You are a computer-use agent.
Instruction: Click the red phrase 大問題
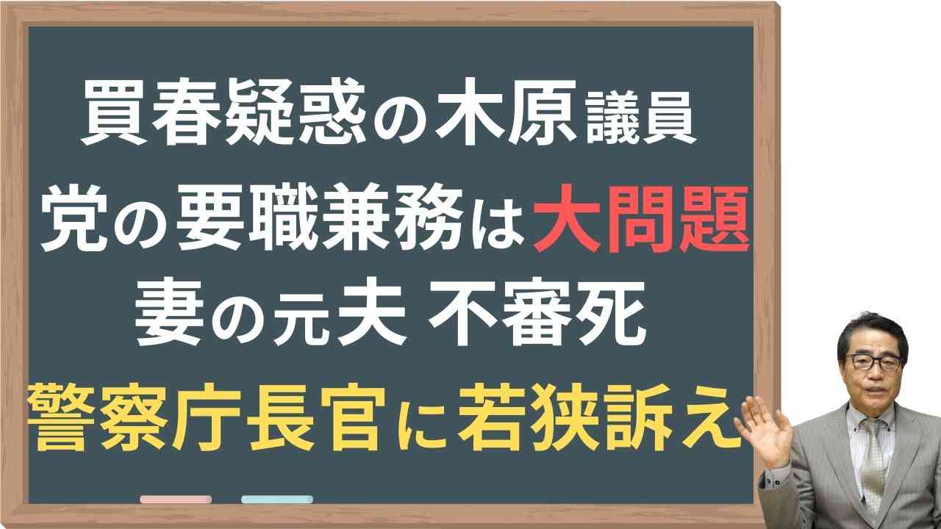pyautogui.click(x=641, y=219)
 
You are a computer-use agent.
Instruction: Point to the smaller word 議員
pyautogui.click(x=640, y=118)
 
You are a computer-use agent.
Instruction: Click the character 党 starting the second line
pyautogui.click(x=74, y=219)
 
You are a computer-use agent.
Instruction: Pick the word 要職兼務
pyautogui.click(x=318, y=219)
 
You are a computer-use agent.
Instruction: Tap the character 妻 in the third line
pyautogui.click(x=169, y=313)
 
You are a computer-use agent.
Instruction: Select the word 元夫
pyautogui.click(x=340, y=313)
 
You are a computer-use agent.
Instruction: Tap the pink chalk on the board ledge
pyautogui.click(x=176, y=499)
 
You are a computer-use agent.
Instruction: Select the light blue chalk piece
pyautogui.click(x=277, y=499)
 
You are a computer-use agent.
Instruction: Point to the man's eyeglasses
pyautogui.click(x=873, y=362)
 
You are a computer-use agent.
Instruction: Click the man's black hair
pyautogui.click(x=874, y=331)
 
